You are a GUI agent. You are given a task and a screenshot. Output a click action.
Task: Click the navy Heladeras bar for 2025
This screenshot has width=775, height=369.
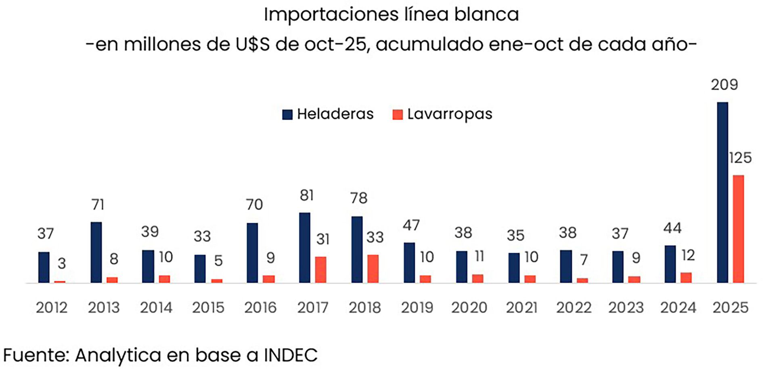(722, 192)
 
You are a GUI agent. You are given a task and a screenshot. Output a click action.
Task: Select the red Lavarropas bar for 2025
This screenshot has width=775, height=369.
(738, 229)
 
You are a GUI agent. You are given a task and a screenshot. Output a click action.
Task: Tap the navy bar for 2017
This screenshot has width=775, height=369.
(305, 247)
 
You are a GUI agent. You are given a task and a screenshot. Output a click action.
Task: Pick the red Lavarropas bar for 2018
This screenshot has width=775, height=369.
(373, 268)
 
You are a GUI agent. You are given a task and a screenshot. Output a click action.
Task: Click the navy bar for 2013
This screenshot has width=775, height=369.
(96, 252)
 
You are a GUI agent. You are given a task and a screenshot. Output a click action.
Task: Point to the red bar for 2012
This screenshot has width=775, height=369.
(60, 282)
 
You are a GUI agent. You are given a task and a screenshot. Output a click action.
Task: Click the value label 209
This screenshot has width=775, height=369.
(724, 85)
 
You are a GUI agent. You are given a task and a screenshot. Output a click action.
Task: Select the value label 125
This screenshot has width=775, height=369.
(740, 158)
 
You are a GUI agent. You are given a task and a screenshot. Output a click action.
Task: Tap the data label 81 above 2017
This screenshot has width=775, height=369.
(307, 196)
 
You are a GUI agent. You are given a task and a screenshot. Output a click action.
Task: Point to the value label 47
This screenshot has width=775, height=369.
(411, 226)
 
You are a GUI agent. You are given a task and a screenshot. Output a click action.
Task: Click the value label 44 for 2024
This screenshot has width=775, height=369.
(672, 228)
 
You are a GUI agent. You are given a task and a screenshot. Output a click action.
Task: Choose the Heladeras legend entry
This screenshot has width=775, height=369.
(328, 114)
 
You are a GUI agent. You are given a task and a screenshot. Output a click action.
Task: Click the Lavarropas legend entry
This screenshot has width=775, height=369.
(442, 114)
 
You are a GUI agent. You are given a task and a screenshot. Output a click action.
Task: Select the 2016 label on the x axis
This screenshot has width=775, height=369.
(260, 308)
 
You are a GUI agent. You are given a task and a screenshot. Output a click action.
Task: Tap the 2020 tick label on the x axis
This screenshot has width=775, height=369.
(469, 308)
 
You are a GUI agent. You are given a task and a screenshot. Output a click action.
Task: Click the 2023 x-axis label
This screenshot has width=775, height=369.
(626, 308)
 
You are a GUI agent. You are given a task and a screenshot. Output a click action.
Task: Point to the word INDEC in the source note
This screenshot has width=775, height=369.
(291, 355)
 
